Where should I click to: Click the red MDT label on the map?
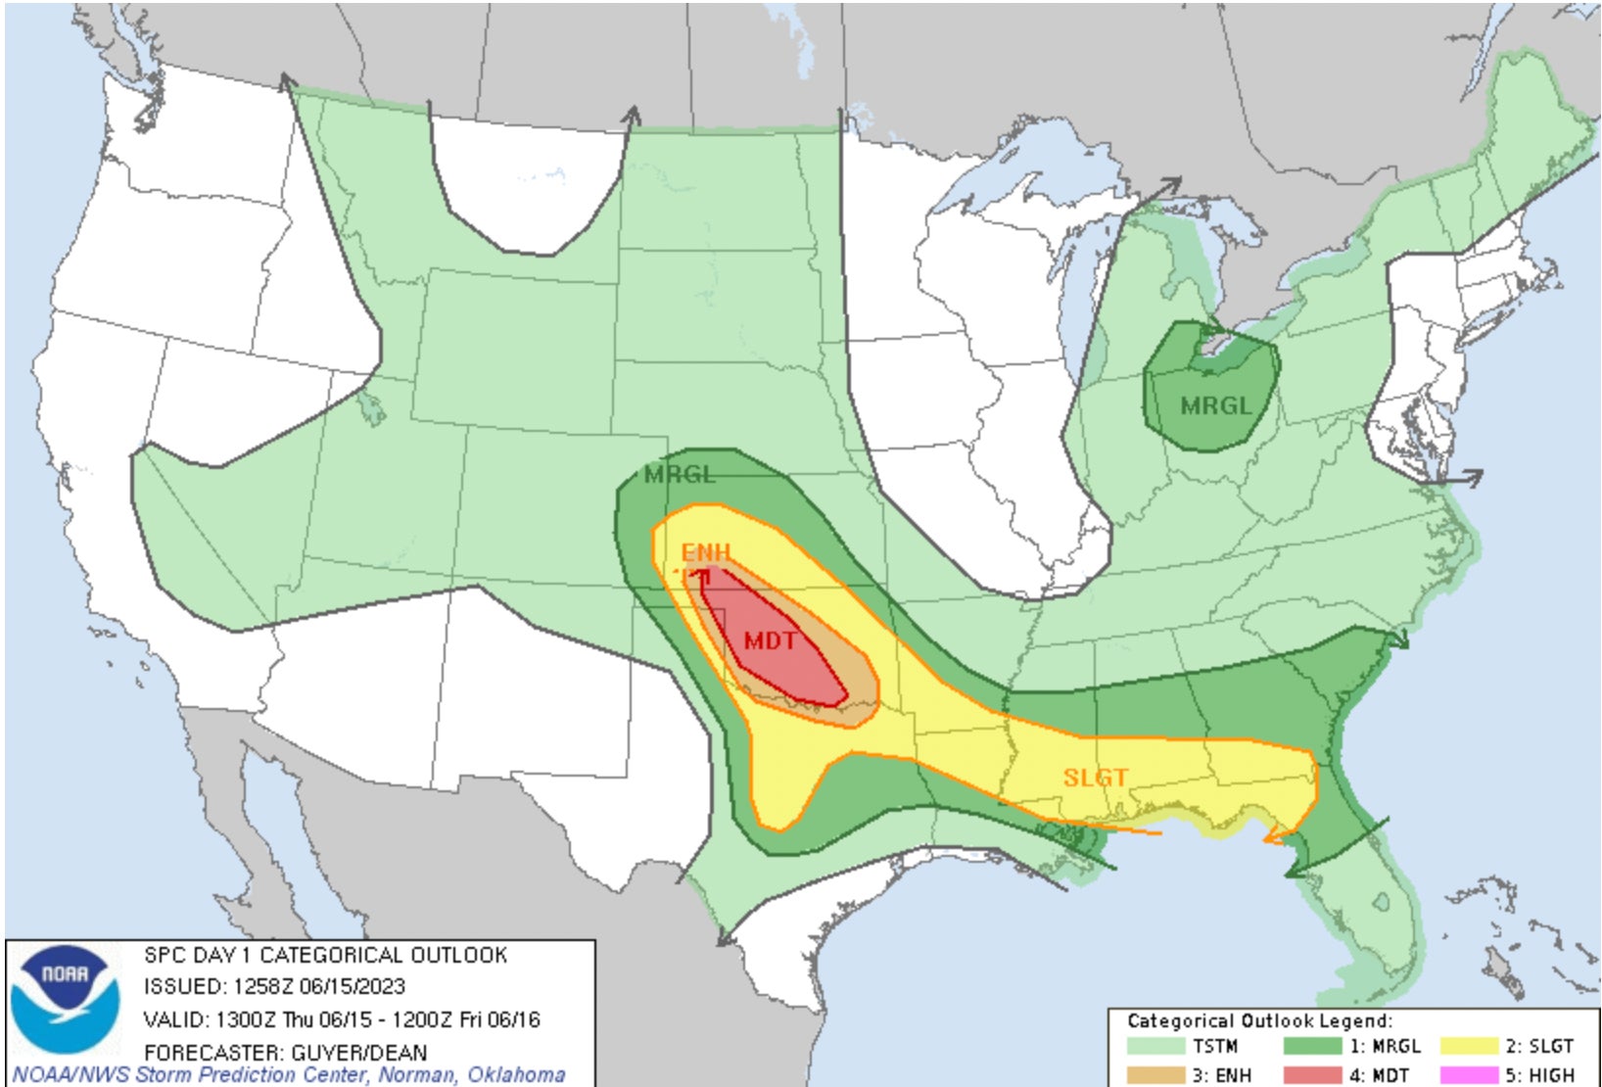[769, 641]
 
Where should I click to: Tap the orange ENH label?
[706, 551]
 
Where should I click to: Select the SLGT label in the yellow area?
[1096, 778]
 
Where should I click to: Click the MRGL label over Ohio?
[1215, 405]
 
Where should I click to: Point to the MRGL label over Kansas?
[680, 475]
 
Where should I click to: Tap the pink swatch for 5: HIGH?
[1469, 1074]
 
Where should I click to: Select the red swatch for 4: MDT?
[1312, 1074]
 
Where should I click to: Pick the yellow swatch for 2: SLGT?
[1469, 1046]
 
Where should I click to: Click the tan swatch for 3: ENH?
[1155, 1074]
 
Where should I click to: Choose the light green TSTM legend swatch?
[1155, 1046]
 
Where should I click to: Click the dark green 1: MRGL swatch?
[1312, 1046]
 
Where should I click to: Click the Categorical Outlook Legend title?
[1259, 1020]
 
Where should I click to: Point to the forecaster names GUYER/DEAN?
[358, 1053]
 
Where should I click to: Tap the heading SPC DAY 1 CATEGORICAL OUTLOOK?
[325, 955]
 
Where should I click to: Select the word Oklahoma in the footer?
[516, 1074]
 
